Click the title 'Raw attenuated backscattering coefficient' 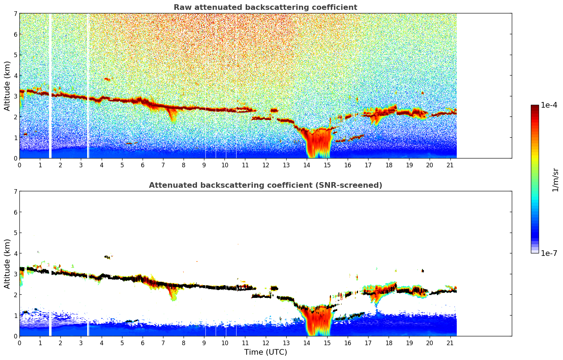tap(265, 7)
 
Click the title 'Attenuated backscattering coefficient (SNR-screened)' tap(265, 185)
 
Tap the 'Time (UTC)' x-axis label tap(265, 352)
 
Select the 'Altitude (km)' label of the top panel tap(7, 86)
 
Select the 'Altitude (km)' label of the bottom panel tap(7, 264)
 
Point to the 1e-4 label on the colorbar tap(549, 105)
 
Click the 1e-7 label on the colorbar tap(549, 253)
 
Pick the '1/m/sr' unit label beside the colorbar tap(555, 179)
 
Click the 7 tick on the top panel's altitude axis tap(15, 14)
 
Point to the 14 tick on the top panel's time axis tap(306, 165)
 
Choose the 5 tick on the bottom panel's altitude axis tap(15, 233)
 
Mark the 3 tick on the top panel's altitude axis tap(15, 96)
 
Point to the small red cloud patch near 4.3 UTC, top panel tap(107, 79)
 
